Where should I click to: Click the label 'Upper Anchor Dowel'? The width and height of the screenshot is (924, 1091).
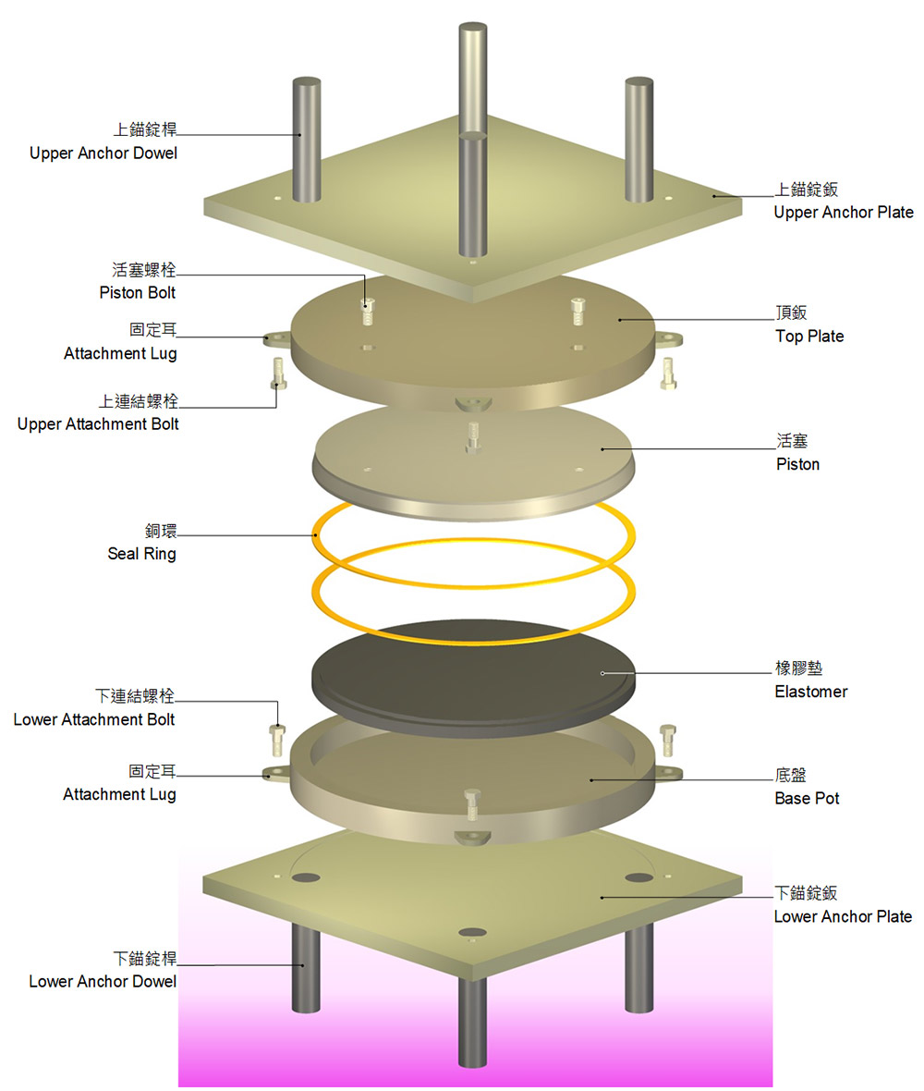pyautogui.click(x=103, y=153)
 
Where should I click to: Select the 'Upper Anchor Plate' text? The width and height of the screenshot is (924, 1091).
pyautogui.click(x=843, y=213)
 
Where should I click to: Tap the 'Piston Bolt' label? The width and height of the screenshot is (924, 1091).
pyautogui.click(x=137, y=293)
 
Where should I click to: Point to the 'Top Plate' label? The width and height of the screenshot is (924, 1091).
pyautogui.click(x=808, y=337)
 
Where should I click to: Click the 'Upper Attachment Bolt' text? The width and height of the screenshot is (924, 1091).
pyautogui.click(x=98, y=424)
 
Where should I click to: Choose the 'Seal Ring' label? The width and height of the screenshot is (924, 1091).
pyautogui.click(x=141, y=554)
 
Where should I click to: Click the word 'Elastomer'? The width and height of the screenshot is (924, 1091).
pyautogui.click(x=810, y=692)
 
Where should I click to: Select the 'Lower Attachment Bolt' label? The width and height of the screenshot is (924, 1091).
pyautogui.click(x=94, y=719)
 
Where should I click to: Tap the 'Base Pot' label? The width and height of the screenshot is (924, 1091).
pyautogui.click(x=807, y=798)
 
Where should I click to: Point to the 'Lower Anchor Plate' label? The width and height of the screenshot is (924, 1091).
pyautogui.click(x=842, y=917)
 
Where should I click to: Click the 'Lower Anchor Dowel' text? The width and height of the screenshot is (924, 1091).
pyautogui.click(x=103, y=981)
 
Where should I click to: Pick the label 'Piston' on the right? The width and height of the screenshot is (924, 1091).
pyautogui.click(x=797, y=464)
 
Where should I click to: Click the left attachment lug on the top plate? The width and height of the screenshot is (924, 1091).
pyautogui.click(x=274, y=338)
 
